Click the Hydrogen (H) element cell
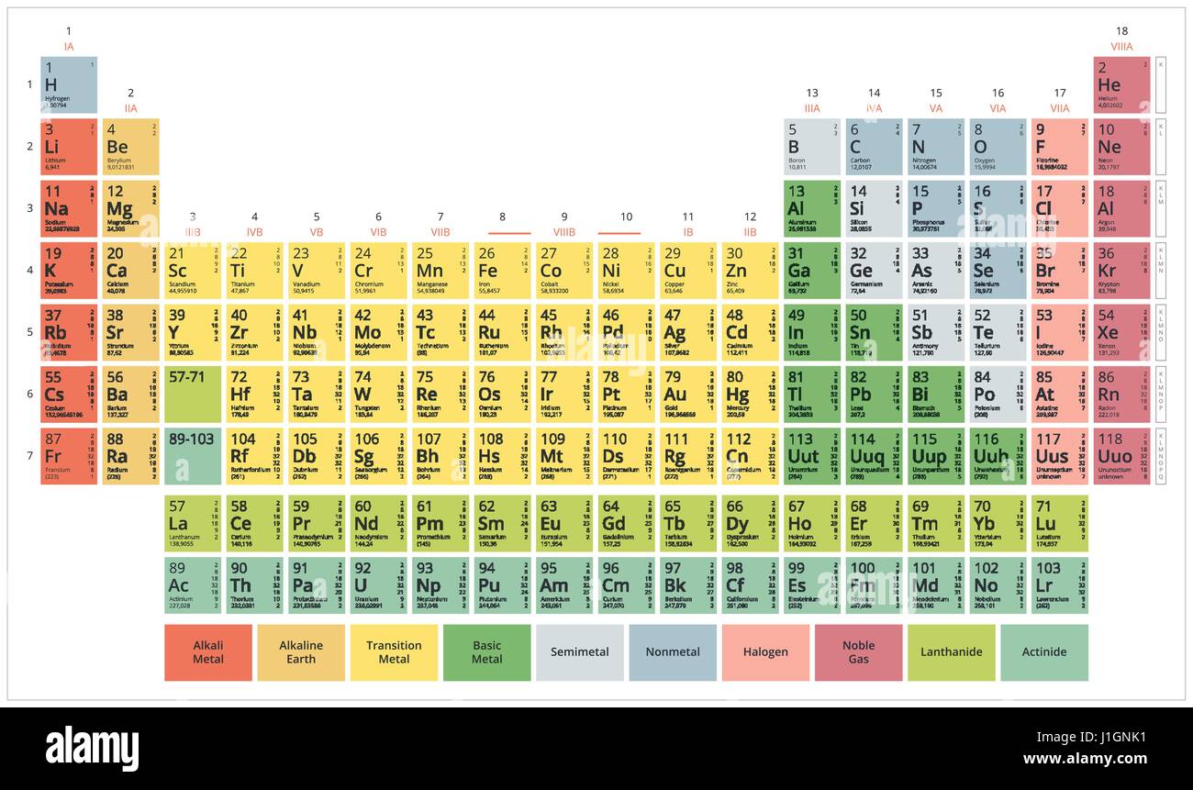coord(69,84)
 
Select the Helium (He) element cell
coord(1121,84)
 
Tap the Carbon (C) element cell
coord(874,147)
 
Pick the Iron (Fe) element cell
coord(502,270)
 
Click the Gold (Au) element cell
coord(687,394)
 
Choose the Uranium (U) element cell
coord(378,585)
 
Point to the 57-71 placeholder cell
coord(192,394)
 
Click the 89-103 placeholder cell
coord(192,456)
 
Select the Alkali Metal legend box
coord(208,652)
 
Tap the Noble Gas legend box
coord(858,652)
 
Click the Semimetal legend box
coord(579,652)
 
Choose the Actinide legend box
coord(1044,652)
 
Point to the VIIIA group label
coord(1121,47)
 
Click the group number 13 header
coord(812,93)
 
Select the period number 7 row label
coord(28,456)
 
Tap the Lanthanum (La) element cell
coord(192,524)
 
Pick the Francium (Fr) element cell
coord(69,456)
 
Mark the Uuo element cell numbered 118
coord(1121,456)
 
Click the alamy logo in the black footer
coord(92,748)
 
